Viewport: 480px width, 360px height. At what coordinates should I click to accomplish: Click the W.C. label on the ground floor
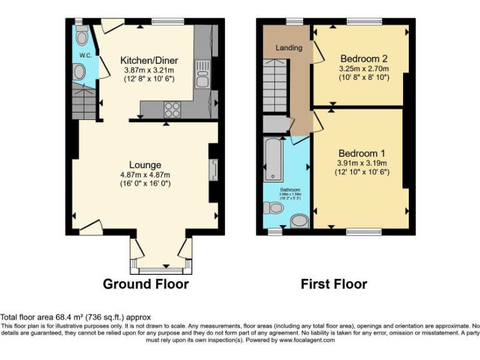point(86,56)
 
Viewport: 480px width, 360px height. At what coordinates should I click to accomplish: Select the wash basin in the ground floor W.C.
point(79,73)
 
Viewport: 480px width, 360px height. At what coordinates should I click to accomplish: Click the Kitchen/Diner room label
point(149,60)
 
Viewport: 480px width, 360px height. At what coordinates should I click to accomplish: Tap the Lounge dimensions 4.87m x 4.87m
point(145,174)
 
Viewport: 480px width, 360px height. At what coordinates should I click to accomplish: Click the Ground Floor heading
point(146,284)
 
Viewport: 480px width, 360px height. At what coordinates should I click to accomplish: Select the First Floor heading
point(334,284)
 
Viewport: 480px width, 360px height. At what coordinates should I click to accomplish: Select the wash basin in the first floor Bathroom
point(300,221)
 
